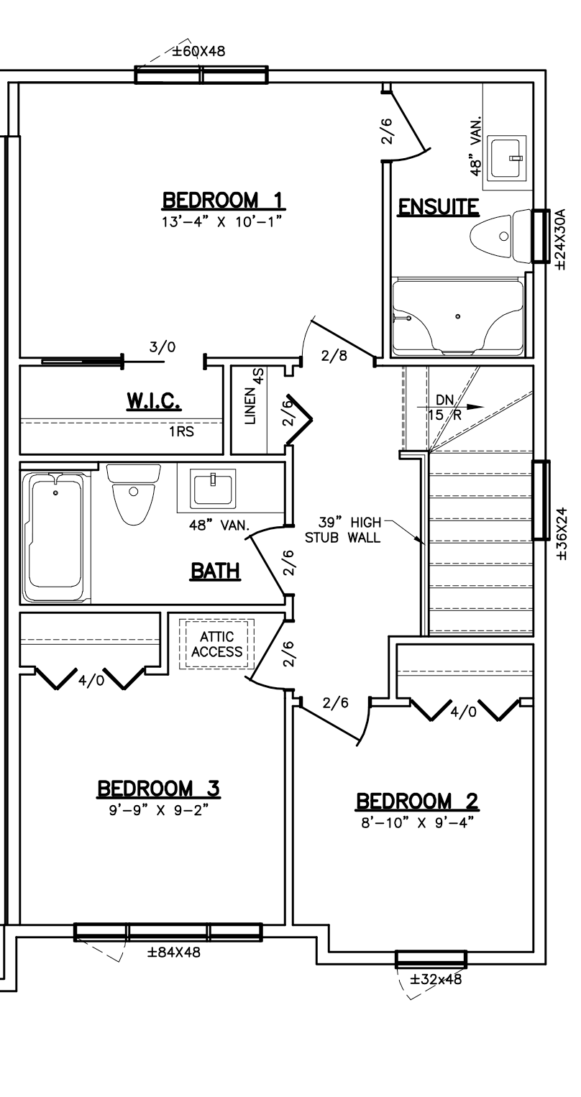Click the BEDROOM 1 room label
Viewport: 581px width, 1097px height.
(x=222, y=200)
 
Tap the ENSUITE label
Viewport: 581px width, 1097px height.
(x=438, y=206)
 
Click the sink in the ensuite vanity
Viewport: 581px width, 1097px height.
(x=505, y=157)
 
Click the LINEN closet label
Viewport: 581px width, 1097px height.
(x=250, y=405)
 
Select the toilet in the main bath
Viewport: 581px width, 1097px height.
(x=133, y=494)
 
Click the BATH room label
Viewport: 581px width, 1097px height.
(x=215, y=571)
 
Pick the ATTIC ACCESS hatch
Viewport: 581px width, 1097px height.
(x=216, y=644)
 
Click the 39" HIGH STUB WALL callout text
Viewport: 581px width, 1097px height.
(x=342, y=530)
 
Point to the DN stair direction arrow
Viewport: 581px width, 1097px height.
(x=450, y=406)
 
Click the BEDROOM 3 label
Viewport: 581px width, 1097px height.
(x=158, y=789)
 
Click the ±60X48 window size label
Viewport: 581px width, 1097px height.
(x=198, y=51)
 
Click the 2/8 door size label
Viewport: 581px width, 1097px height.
(x=334, y=356)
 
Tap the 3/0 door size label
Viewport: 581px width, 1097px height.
(x=163, y=347)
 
